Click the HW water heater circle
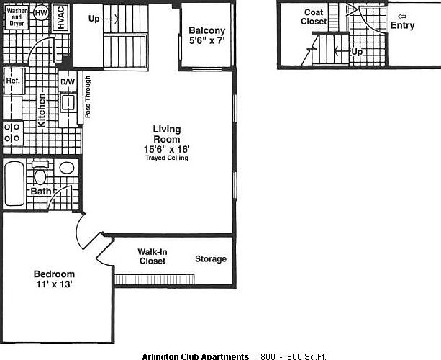tap(42, 13)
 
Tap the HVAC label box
tap(60, 17)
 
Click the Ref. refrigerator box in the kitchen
tap(13, 81)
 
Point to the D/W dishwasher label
tap(68, 81)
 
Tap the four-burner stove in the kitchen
tap(12, 132)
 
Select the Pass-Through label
tap(87, 96)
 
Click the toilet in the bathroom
tap(40, 174)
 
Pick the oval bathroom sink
tap(66, 168)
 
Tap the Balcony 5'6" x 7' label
tap(206, 36)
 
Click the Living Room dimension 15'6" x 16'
tap(167, 149)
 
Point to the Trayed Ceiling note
tap(167, 158)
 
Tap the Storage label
tap(210, 258)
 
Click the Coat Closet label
tap(314, 17)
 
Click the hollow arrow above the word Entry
tap(401, 16)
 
